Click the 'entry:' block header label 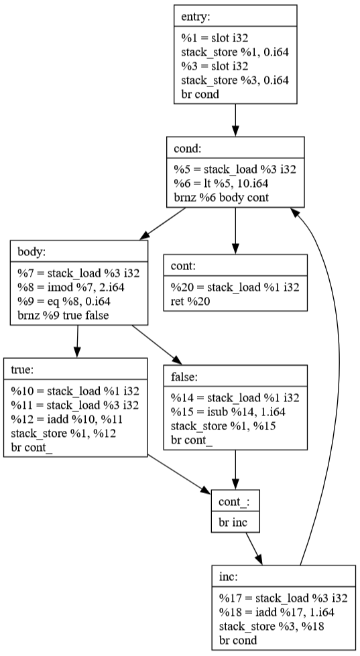(x=195, y=17)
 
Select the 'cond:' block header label (x=188, y=149)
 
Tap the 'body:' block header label (x=32, y=252)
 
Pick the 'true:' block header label (x=22, y=370)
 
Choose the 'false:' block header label (x=184, y=377)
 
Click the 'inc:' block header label (x=228, y=576)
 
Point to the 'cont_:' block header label (x=234, y=502)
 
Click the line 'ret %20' (x=190, y=302)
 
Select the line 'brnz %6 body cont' (x=221, y=198)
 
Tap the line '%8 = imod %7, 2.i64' (x=71, y=287)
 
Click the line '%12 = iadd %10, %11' (x=66, y=419)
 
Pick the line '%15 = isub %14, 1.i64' (x=228, y=412)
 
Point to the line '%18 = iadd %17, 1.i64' (x=277, y=612)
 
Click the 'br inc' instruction (x=233, y=522)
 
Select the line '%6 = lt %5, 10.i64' (x=221, y=183)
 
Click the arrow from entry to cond (x=235, y=120)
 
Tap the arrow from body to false (x=157, y=344)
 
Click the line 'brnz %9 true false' (x=63, y=315)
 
